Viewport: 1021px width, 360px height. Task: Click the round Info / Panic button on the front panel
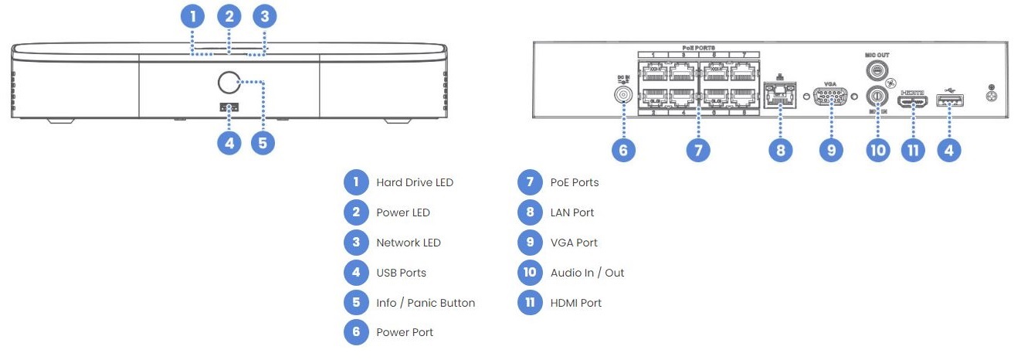[229, 81]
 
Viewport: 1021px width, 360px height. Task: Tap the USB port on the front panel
[229, 107]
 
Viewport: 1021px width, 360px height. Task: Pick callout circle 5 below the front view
[263, 142]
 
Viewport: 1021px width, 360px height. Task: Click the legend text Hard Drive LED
[414, 182]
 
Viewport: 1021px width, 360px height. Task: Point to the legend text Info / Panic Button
[425, 303]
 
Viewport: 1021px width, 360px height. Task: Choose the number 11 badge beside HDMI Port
[529, 303]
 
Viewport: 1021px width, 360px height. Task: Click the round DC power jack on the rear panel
[622, 94]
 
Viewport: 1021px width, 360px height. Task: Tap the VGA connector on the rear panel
[831, 97]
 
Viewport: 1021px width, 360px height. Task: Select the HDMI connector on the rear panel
[913, 100]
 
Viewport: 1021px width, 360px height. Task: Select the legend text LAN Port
[572, 212]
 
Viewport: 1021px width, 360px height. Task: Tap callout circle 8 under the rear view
[780, 150]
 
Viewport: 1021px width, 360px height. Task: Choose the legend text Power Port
[404, 332]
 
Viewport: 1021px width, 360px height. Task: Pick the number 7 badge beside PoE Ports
[529, 182]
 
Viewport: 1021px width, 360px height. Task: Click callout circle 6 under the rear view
[623, 150]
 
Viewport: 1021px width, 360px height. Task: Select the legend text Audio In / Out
[587, 273]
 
